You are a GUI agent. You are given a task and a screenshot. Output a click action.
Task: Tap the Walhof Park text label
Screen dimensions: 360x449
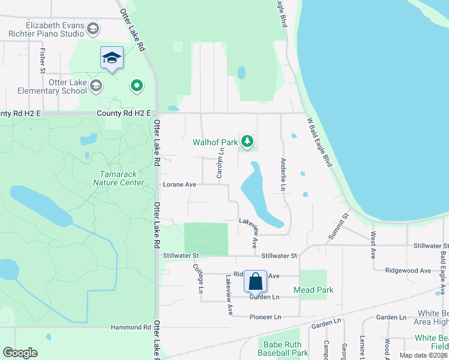pos(215,143)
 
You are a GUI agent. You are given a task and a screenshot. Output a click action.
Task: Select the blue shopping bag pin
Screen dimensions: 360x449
pos(256,281)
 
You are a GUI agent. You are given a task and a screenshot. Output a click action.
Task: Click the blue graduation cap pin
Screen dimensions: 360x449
pos(112,58)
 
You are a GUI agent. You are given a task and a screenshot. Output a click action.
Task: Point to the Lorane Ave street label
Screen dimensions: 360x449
pos(179,185)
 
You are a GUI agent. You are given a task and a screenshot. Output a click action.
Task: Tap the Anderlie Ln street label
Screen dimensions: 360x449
pos(282,175)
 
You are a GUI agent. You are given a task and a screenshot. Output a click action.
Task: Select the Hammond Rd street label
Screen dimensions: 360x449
pos(131,328)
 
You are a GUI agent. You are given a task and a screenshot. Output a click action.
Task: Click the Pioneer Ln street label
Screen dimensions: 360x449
pos(265,317)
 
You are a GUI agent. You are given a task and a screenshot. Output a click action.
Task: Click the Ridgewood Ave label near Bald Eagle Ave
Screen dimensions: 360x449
pos(408,271)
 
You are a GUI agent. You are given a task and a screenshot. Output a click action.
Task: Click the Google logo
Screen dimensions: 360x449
pos(20,353)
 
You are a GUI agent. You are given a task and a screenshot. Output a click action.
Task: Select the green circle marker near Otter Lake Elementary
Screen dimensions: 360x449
pos(137,86)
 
